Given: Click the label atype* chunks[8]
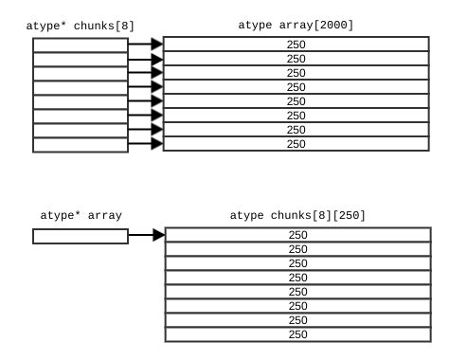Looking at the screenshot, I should tap(81, 25).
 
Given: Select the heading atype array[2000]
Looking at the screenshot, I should tap(296, 25).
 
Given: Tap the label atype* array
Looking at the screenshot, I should tap(81, 215).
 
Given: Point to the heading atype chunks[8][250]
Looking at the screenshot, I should tap(297, 215).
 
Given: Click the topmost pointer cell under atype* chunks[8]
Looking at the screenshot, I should tap(81, 45).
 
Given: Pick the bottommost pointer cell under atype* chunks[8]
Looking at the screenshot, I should tap(81, 144).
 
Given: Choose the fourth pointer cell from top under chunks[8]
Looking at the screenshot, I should tap(81, 87).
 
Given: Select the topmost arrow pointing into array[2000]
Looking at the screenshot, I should tap(145, 44).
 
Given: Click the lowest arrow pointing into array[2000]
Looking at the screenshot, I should tap(145, 144).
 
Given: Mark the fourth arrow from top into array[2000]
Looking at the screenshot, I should tap(145, 87).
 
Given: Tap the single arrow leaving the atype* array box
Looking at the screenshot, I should tap(146, 235).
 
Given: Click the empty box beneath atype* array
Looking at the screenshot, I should tap(81, 236).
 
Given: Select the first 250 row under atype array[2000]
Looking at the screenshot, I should tap(296, 45).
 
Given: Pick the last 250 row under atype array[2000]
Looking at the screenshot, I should tap(296, 144).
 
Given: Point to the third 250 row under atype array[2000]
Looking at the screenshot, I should tap(296, 73).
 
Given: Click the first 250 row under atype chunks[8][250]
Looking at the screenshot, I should tap(297, 235).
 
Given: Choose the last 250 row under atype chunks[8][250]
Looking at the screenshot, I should tap(297, 334).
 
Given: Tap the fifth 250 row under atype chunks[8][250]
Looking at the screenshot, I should tap(297, 292).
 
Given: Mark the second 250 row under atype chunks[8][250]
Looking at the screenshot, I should tap(297, 249).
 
